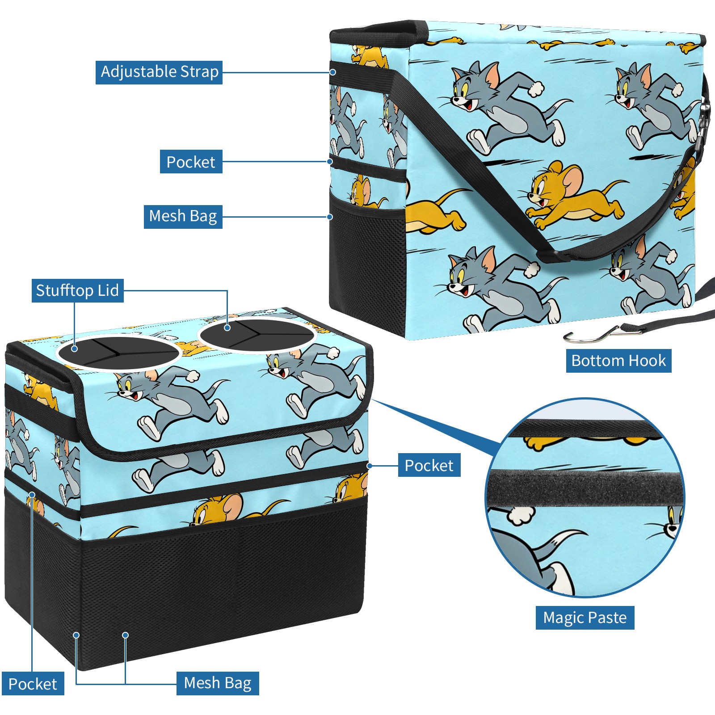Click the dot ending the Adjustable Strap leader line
click(333, 72)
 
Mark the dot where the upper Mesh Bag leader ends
click(330, 217)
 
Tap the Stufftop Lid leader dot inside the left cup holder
click(75, 349)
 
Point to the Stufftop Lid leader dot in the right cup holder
click(227, 328)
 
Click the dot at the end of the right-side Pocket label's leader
click(370, 466)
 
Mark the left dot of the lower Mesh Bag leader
click(76, 635)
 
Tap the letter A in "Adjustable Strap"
click(106, 71)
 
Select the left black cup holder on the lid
click(118, 353)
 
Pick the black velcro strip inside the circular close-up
click(585, 488)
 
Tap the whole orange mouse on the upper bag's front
click(576, 195)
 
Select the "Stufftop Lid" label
click(78, 290)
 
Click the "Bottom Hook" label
click(618, 361)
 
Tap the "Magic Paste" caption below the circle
click(585, 618)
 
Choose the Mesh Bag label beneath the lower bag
click(218, 683)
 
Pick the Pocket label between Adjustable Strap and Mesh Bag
click(191, 162)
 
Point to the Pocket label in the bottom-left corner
click(33, 684)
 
